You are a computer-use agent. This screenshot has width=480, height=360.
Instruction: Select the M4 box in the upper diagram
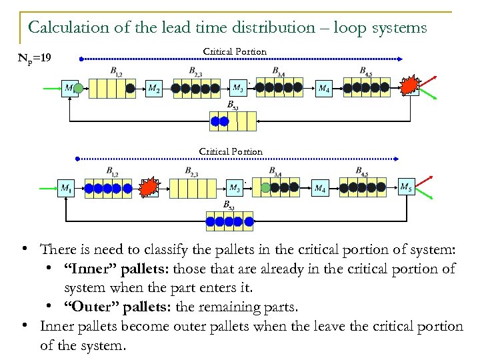click(x=323, y=88)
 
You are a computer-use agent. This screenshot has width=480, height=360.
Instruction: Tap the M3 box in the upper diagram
click(x=238, y=87)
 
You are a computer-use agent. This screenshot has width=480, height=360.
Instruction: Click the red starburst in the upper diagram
click(x=409, y=85)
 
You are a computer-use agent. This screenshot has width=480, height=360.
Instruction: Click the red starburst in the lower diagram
click(x=149, y=187)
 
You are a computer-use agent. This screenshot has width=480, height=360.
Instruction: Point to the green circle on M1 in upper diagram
click(x=78, y=88)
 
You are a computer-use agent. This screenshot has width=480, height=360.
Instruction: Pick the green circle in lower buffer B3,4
click(x=265, y=188)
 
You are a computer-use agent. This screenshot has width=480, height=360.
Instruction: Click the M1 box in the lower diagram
click(x=66, y=189)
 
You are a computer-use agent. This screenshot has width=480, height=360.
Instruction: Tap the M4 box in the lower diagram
click(x=320, y=189)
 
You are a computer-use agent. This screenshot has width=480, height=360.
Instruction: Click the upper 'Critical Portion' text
click(x=234, y=51)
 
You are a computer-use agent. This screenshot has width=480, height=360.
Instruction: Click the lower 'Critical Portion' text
click(x=231, y=151)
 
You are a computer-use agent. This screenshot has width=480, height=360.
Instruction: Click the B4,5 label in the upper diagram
click(x=365, y=71)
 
